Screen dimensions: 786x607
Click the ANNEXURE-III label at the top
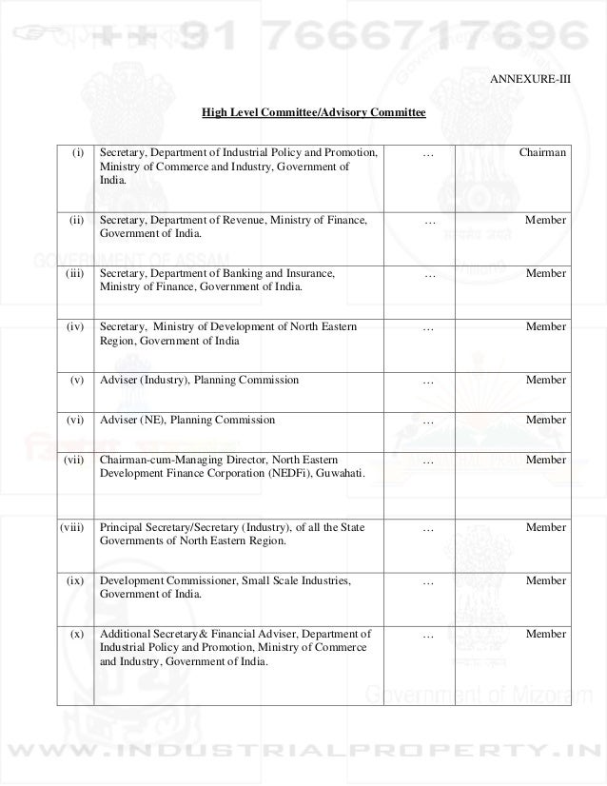click(x=530, y=78)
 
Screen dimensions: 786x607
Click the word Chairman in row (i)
click(x=542, y=152)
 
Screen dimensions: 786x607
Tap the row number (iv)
click(x=75, y=327)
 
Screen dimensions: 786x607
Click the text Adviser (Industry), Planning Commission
click(x=199, y=380)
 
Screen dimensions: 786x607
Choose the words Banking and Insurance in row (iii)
click(x=277, y=274)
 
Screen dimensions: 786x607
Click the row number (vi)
click(x=75, y=420)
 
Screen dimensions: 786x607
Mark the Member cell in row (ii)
click(x=545, y=221)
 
